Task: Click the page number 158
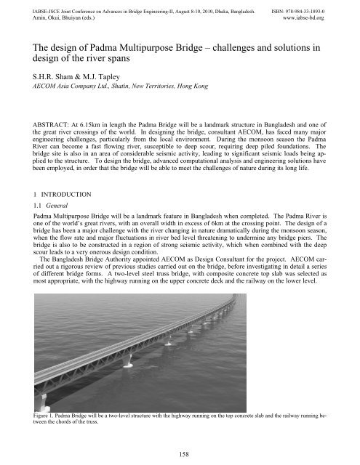180,453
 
